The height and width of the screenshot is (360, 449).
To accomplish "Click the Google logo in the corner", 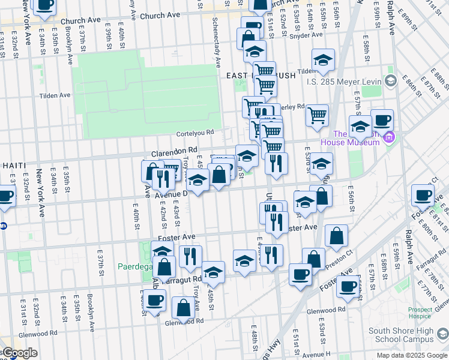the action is (19, 353).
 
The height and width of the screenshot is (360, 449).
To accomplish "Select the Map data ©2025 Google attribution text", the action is (411, 355).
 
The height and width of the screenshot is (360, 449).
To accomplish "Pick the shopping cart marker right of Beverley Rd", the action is (317, 114).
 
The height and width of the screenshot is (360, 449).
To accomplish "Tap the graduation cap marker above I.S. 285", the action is (323, 59).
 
